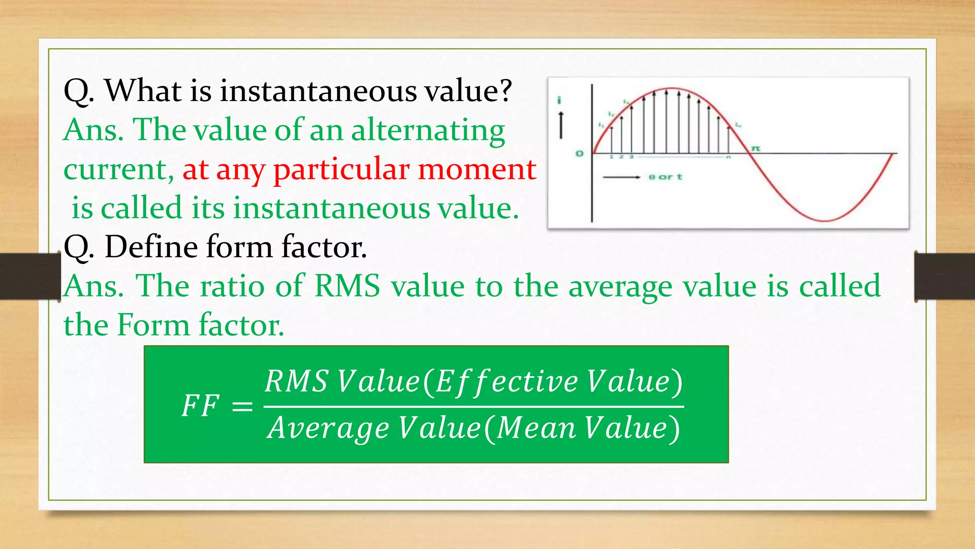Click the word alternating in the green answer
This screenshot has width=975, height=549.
tap(428, 131)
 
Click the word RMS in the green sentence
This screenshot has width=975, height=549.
tap(347, 286)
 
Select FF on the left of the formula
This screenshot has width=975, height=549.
tap(200, 406)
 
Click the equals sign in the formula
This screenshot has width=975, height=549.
tap(242, 407)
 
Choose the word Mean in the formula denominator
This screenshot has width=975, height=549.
tap(537, 428)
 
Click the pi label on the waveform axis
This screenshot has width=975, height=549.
tap(755, 149)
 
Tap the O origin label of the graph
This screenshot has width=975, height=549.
tap(579, 153)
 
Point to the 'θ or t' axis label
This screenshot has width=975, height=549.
tap(666, 177)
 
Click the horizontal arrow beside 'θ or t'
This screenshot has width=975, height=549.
tap(621, 177)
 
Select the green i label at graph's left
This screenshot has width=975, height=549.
tap(559, 100)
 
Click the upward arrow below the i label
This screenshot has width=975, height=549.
tap(561, 125)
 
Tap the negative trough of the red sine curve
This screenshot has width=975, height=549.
tap(825, 220)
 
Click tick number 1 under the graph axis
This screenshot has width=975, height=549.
tap(611, 157)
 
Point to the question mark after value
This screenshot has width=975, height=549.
tap(503, 91)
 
